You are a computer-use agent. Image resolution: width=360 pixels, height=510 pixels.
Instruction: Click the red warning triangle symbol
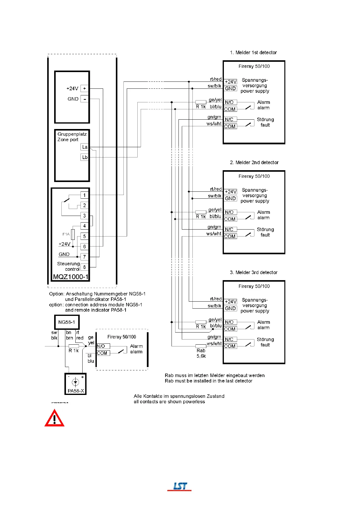coord(54,419)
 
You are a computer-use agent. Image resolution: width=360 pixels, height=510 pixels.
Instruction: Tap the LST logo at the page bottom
coord(180,486)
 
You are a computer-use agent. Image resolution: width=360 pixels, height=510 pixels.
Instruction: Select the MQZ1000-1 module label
coord(71,277)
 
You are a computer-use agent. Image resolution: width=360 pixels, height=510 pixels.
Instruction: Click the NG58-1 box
coord(67,322)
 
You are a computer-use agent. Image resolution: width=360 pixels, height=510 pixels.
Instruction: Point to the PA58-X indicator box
coord(76,384)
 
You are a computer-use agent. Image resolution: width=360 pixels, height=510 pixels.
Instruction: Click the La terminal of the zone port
coord(85,147)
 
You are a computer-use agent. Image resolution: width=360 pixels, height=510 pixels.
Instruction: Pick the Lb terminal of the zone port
coord(85,157)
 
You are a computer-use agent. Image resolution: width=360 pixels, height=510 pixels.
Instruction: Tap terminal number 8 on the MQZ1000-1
coord(84,267)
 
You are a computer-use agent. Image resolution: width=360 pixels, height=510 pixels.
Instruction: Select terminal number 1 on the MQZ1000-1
coord(84,195)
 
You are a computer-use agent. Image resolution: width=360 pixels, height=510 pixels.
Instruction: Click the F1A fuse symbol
coord(73,234)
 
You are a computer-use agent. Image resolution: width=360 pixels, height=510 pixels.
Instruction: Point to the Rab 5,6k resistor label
coord(201,353)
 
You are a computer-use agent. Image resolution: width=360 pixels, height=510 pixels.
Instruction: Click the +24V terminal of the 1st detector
coord(231,82)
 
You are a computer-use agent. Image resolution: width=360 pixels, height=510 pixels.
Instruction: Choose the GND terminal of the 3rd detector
coord(230,308)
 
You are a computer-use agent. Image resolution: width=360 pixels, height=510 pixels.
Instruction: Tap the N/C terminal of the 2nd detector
coord(229,229)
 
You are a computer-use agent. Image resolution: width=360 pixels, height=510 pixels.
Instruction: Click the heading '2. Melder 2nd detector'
coord(254,162)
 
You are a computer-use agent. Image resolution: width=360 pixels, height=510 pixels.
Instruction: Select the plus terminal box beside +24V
coord(84,88)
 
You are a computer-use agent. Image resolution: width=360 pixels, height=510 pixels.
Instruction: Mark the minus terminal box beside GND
coord(84,99)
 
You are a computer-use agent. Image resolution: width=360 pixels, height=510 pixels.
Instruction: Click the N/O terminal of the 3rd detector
coord(229,322)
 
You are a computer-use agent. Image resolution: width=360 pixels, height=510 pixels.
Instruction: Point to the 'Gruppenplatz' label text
coord(72,134)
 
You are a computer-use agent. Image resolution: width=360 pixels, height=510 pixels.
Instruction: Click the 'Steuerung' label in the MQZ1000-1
coord(68,264)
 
